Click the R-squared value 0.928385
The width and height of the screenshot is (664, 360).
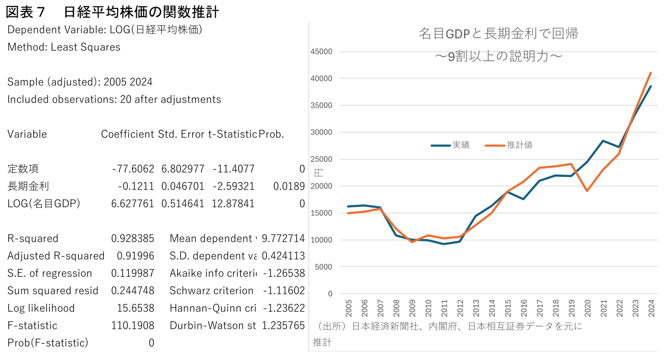(132, 239)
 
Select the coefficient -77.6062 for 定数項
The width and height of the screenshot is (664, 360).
(133, 169)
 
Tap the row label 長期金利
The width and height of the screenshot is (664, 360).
(28, 186)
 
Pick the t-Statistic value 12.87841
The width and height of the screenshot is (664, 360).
(233, 204)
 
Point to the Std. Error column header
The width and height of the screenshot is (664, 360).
(181, 134)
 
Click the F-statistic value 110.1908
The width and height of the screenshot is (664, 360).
(132, 326)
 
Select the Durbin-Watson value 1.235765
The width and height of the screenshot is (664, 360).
(283, 326)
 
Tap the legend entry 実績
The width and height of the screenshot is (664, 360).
(461, 145)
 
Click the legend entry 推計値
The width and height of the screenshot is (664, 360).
(519, 145)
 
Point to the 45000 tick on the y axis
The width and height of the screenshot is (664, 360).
(322, 51)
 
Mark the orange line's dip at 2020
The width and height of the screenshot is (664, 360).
(587, 191)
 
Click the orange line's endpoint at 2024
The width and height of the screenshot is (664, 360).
(650, 73)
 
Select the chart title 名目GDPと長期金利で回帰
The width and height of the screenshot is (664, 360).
(498, 33)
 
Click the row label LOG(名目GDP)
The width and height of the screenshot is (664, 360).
(44, 204)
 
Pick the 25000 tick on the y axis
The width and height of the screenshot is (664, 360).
(322, 159)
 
